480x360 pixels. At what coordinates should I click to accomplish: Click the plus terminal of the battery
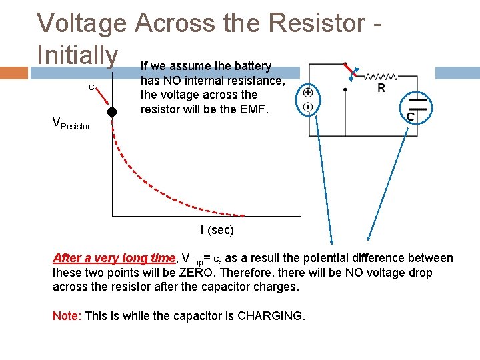(x=308, y=93)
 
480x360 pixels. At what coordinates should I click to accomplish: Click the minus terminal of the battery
(x=308, y=107)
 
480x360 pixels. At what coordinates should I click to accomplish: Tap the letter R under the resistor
(x=380, y=88)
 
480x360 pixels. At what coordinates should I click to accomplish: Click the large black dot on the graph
(x=113, y=112)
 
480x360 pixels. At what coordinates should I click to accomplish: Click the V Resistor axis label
(x=71, y=123)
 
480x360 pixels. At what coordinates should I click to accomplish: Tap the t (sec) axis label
(x=217, y=231)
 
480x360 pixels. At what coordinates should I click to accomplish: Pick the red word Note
(x=65, y=315)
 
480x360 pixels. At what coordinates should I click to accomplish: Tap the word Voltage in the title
(x=81, y=23)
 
